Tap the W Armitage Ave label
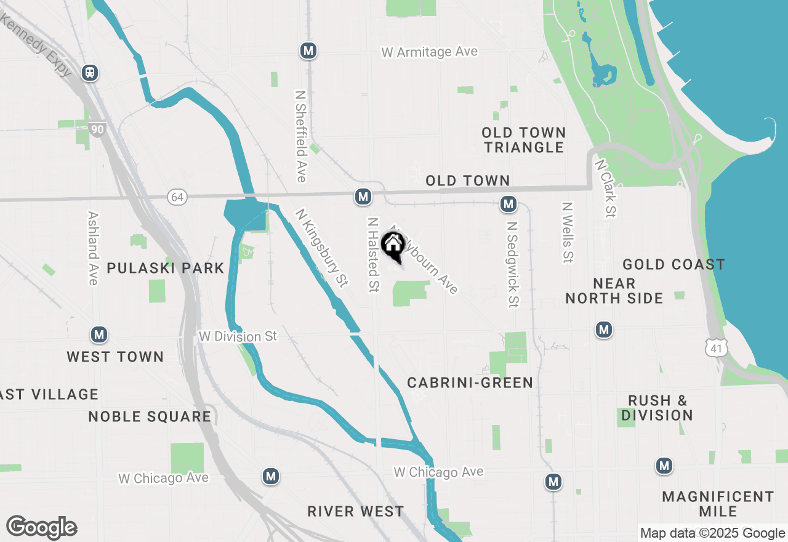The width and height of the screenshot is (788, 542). pos(429,52)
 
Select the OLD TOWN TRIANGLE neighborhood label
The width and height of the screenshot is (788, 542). pos(523,140)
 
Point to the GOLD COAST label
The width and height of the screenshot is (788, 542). pos(673,265)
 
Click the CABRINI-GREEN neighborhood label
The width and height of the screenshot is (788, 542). pos(470,383)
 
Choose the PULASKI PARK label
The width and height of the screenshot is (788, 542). pos(166,268)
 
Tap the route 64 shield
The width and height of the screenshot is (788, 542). pos(177,197)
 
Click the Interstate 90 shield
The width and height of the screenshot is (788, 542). pos(97,129)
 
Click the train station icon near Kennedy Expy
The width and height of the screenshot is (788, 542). pos(90,73)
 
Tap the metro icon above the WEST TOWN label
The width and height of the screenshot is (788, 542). pos(98,335)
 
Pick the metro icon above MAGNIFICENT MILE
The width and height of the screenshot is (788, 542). pos(664,466)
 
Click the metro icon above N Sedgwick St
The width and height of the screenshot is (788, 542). pos(508,203)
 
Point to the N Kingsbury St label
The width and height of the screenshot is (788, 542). pos(322,248)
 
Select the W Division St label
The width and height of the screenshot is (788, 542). pos(238,337)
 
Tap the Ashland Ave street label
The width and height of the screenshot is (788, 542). pos(93,248)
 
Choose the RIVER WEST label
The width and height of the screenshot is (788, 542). pos(356,511)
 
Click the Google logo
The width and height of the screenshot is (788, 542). pos(41,528)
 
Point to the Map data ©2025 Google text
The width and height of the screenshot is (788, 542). pos(712,533)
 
